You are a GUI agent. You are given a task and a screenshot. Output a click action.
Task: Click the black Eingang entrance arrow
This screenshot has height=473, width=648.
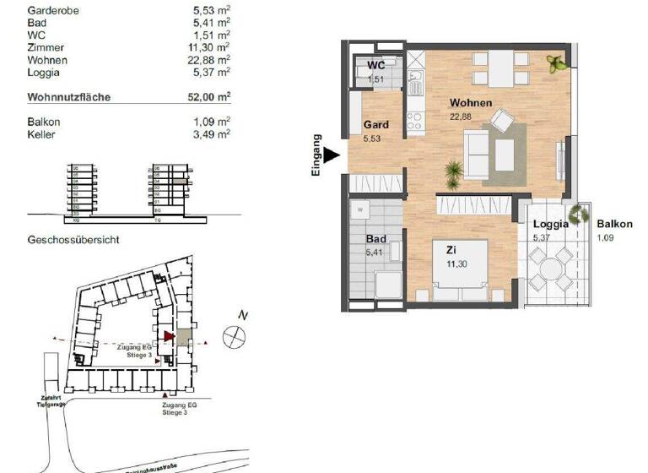tap(332, 155)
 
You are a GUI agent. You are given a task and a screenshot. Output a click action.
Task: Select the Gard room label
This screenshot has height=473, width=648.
tap(375, 124)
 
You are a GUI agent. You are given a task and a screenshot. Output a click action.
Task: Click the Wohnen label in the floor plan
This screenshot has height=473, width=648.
tap(471, 103)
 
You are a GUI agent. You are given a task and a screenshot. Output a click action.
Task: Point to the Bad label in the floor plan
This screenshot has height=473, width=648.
tap(375, 240)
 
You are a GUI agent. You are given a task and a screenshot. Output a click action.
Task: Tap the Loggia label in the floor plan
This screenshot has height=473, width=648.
tap(549, 225)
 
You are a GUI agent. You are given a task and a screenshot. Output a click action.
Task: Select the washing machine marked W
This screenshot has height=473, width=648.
tap(361, 208)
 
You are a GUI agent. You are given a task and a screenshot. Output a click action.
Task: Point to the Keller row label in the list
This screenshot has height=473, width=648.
tap(42, 133)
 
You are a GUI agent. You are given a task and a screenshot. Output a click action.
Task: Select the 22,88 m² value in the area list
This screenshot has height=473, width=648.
tap(211, 61)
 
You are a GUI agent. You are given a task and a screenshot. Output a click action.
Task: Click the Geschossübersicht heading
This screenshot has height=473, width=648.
tap(73, 240)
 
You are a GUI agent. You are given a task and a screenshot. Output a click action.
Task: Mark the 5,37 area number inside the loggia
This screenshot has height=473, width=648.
tap(540, 238)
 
